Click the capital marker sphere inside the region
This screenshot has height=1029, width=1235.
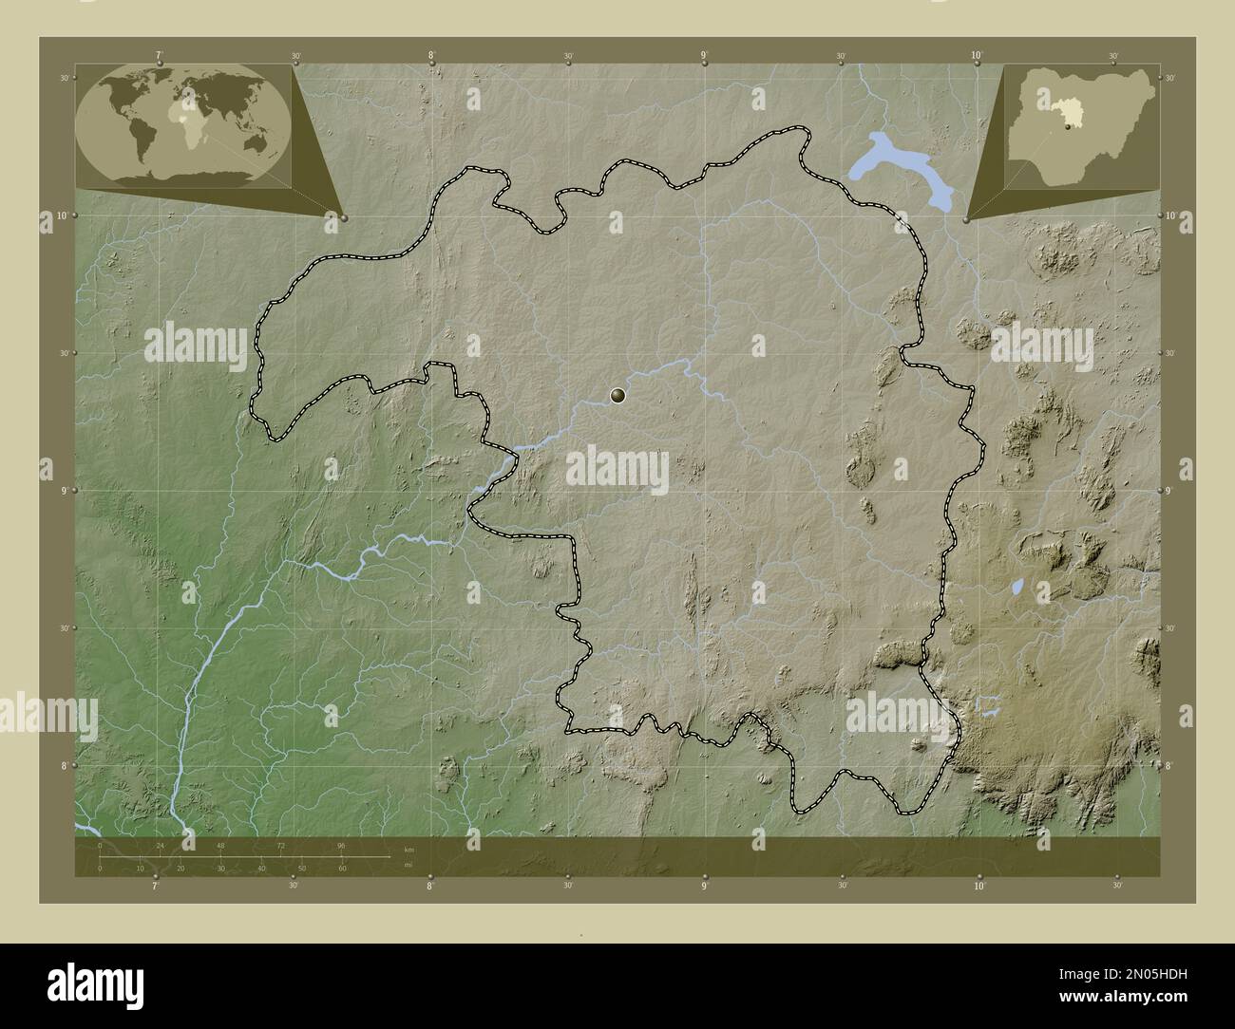pos(618,396)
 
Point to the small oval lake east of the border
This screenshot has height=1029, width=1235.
pos(1017,589)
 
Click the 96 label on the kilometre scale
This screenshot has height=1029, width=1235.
pos(341,845)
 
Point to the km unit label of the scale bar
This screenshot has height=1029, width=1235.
pos(409,849)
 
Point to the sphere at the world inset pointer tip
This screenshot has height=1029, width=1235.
pos(343,217)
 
